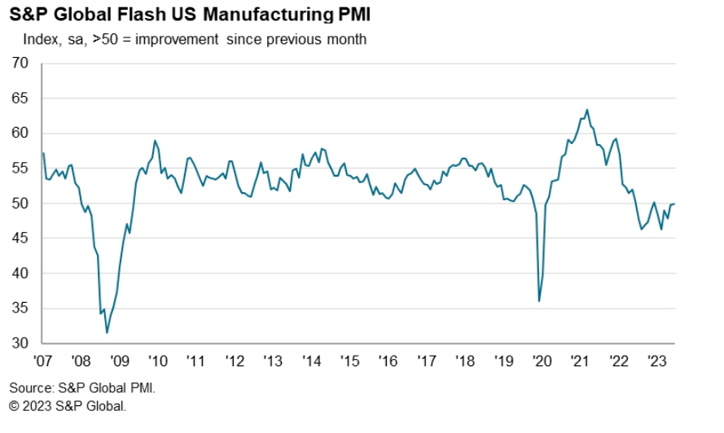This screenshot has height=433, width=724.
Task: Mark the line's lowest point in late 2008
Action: point(107,332)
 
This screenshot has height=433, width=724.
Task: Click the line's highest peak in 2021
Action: point(587,110)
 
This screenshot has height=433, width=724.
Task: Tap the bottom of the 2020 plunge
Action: point(539,301)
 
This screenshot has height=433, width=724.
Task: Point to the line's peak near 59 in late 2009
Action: point(155,141)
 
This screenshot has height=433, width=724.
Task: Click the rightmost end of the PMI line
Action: point(674,203)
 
